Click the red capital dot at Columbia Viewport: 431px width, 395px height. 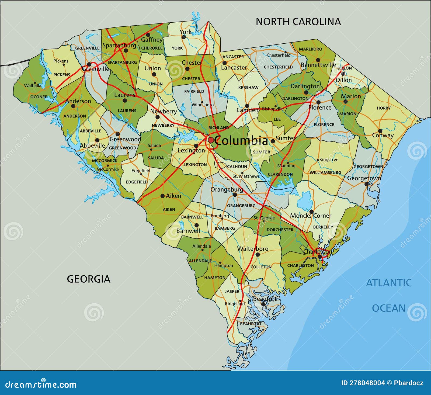(211, 140)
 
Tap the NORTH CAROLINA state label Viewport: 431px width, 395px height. (298, 22)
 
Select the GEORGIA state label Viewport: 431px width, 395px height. (89, 279)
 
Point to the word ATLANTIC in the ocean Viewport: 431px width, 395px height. (389, 283)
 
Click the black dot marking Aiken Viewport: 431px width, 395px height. (162, 196)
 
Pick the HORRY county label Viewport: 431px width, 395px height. (384, 108)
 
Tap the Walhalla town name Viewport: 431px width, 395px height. (33, 85)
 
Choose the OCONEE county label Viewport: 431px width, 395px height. (39, 97)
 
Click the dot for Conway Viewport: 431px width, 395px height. (380, 131)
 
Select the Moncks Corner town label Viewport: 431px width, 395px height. (311, 216)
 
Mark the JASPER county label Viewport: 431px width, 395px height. (232, 291)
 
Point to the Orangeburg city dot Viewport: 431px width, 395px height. (235, 195)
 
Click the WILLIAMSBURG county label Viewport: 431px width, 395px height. (325, 172)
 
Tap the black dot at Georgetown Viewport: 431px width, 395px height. (366, 184)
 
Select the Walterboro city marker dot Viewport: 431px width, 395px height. (258, 254)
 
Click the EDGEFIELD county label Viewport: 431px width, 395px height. (137, 182)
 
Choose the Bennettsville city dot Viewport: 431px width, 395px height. (318, 60)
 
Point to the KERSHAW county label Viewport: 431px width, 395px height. (248, 88)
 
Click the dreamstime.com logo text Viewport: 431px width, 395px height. (41, 384)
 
